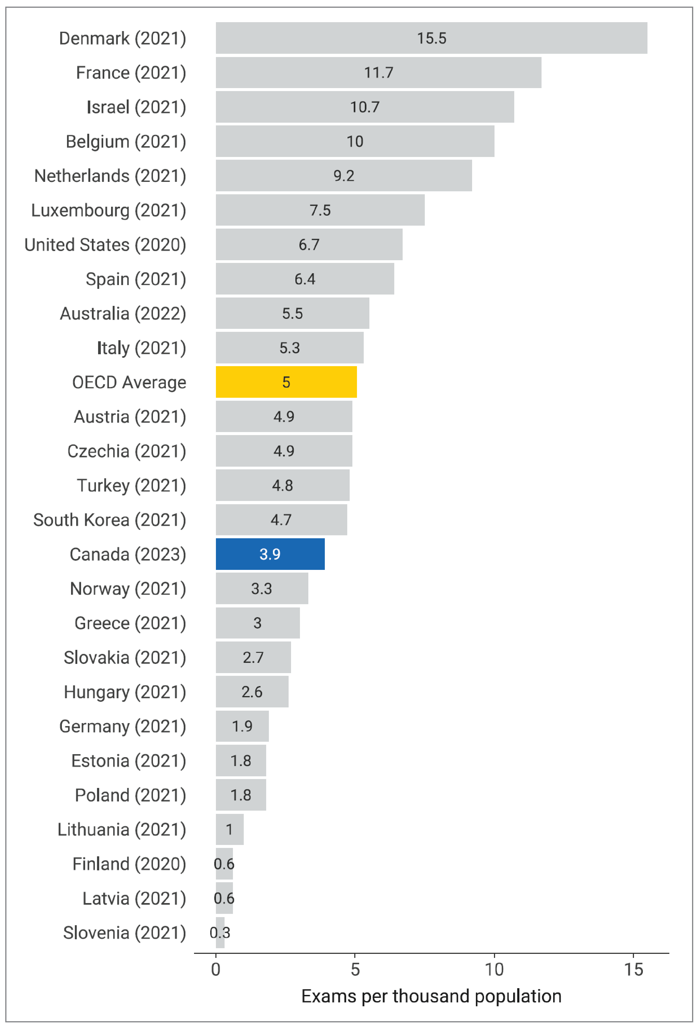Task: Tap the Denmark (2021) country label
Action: point(122,38)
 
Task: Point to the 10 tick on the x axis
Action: point(494,970)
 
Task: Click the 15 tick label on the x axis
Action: point(633,970)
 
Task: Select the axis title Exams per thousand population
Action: point(431,996)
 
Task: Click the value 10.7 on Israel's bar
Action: point(364,107)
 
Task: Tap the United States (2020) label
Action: point(105,245)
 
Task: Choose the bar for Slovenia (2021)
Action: point(220,933)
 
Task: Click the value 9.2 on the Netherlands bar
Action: point(343,176)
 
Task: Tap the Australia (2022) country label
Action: point(123,313)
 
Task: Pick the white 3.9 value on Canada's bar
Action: point(270,554)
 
